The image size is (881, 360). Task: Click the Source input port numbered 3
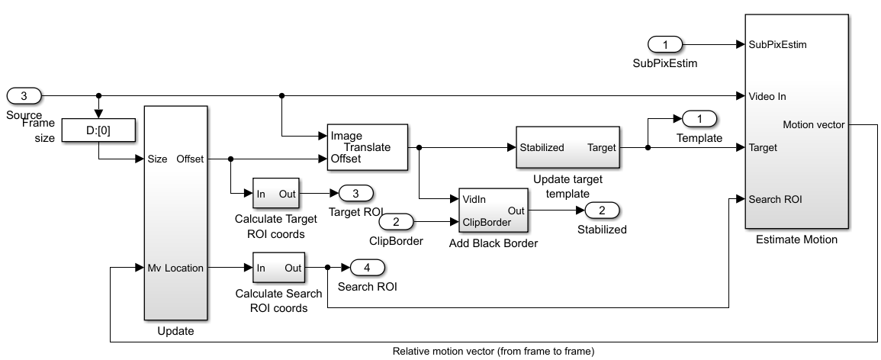(x=24, y=96)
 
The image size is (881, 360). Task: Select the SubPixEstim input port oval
(x=664, y=44)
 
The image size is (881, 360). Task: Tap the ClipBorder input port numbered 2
(x=396, y=222)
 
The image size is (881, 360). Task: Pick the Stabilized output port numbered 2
(x=601, y=210)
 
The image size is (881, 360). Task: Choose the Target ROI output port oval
(x=355, y=194)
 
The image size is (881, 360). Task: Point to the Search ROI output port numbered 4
(x=367, y=268)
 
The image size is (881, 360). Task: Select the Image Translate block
(x=368, y=146)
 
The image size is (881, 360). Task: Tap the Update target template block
(x=568, y=147)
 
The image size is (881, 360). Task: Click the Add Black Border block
(x=493, y=210)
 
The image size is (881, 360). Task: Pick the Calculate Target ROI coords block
(x=276, y=194)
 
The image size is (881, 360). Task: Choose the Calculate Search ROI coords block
(x=276, y=268)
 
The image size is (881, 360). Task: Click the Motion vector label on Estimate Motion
(x=813, y=124)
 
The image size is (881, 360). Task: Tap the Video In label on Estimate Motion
(x=768, y=96)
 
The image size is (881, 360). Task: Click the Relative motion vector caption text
(x=493, y=352)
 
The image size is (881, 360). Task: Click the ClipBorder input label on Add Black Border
(x=487, y=222)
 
